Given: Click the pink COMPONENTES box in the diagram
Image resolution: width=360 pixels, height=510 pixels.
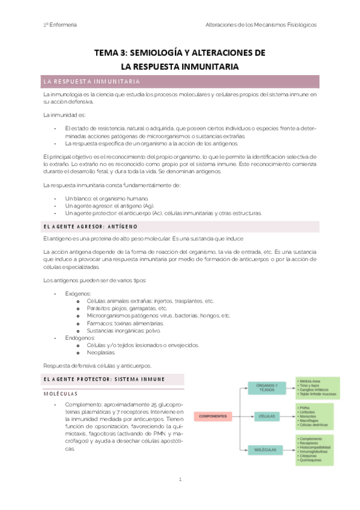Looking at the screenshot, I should [x=212, y=416].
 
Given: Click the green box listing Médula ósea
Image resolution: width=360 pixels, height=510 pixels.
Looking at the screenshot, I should [x=317, y=389].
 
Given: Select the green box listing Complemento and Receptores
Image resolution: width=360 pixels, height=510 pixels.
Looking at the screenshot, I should [x=317, y=449].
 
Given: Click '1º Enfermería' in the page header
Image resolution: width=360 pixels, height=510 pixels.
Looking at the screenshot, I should [x=59, y=25].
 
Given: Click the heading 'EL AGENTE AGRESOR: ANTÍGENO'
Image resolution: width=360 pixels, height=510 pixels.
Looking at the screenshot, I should [x=91, y=227].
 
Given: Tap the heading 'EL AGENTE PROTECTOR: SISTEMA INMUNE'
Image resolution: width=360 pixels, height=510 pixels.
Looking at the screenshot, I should [x=105, y=379].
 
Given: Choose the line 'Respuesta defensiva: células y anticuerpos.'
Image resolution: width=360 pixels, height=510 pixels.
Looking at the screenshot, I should [x=98, y=365].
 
